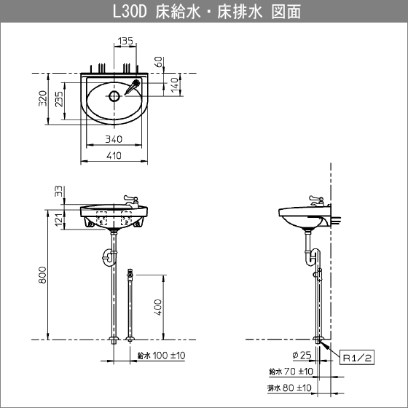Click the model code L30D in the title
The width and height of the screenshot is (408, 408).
coord(130,12)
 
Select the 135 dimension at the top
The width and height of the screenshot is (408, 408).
coord(125,41)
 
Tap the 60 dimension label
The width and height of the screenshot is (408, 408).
coord(159,62)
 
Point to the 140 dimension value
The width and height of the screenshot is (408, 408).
coord(175,85)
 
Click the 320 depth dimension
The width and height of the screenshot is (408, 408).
coord(43,98)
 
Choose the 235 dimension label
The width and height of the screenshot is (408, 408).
coord(59,99)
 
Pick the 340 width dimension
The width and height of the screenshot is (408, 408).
coord(114,139)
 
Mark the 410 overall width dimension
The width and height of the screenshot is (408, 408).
coord(114,156)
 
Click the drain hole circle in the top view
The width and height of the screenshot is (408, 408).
coord(114,96)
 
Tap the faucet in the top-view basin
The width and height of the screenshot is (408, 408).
coord(133,87)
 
